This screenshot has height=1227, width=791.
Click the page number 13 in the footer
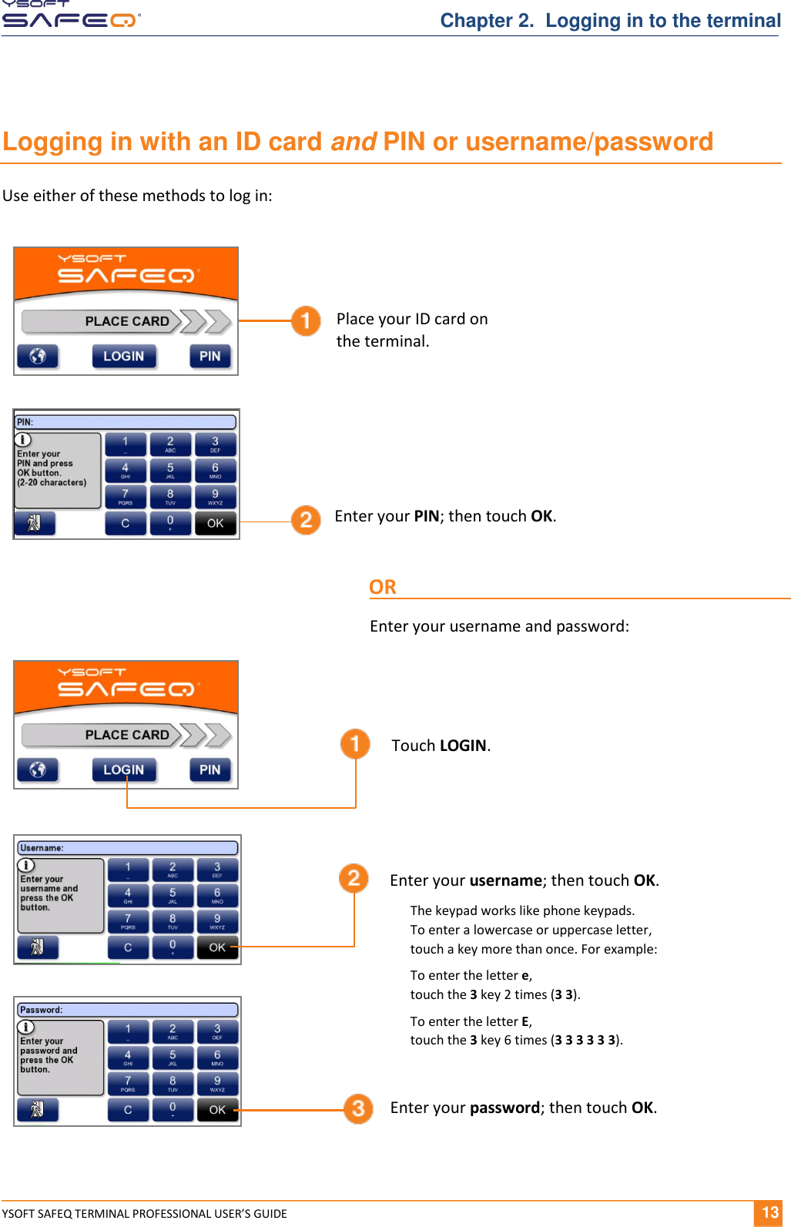point(769,1212)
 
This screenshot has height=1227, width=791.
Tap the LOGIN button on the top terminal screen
point(124,356)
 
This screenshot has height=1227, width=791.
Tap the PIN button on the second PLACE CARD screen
point(209,769)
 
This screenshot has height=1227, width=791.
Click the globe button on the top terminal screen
point(38,356)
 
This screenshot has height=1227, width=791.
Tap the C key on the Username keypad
point(128,947)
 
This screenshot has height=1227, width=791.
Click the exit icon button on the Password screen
point(37,1109)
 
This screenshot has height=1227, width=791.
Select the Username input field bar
point(127,848)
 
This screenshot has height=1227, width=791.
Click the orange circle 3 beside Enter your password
point(358,1108)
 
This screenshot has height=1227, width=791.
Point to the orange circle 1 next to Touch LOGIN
point(355,743)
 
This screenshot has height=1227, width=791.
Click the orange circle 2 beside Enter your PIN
point(306,519)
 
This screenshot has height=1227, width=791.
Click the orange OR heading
point(383,587)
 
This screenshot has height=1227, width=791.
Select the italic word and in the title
point(353,142)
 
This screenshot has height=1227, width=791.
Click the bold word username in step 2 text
point(506,880)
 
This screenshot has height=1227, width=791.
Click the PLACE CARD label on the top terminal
point(127,321)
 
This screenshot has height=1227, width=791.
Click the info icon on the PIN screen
point(24,440)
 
